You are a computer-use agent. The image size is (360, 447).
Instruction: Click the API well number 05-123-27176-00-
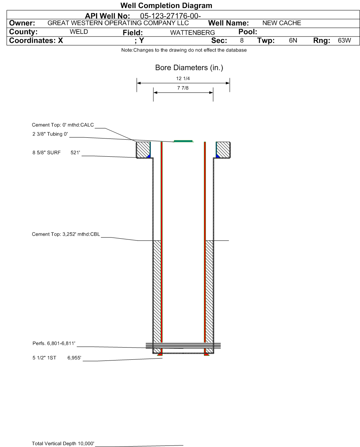pos(171,16)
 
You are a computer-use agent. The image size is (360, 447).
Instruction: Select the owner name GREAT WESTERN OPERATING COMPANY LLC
pos(118,23)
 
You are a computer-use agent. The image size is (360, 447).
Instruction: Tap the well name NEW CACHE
pos(281,23)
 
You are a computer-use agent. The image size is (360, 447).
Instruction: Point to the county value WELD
pos(79,31)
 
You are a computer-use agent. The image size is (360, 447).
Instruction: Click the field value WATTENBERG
pos(193,33)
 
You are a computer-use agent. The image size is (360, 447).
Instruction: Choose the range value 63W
pos(344,41)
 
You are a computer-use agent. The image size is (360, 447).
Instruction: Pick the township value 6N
pos(293,41)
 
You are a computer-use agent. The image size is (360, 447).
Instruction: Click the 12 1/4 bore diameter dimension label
pos(183,79)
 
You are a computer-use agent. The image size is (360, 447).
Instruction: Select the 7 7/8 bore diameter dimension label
pos(183,88)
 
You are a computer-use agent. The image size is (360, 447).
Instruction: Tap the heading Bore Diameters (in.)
pos(189,68)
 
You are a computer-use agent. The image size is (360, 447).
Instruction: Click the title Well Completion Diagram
pos(166,5)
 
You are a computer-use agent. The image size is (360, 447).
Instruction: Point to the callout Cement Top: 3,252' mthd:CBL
pos(66,235)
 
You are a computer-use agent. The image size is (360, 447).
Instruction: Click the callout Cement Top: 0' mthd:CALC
pos(63,125)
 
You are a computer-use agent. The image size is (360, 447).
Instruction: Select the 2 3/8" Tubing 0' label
pos(50,134)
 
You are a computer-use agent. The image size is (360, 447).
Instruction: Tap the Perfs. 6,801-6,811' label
pos(54,343)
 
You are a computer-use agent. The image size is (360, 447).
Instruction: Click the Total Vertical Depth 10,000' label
pos(63,443)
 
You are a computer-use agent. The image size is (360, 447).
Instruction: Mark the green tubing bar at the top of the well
pos(183,141)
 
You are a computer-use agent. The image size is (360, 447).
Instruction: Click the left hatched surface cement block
pos(143,150)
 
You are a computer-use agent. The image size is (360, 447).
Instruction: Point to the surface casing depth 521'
pos(75,153)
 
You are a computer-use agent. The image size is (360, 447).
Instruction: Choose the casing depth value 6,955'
pos(74,358)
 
